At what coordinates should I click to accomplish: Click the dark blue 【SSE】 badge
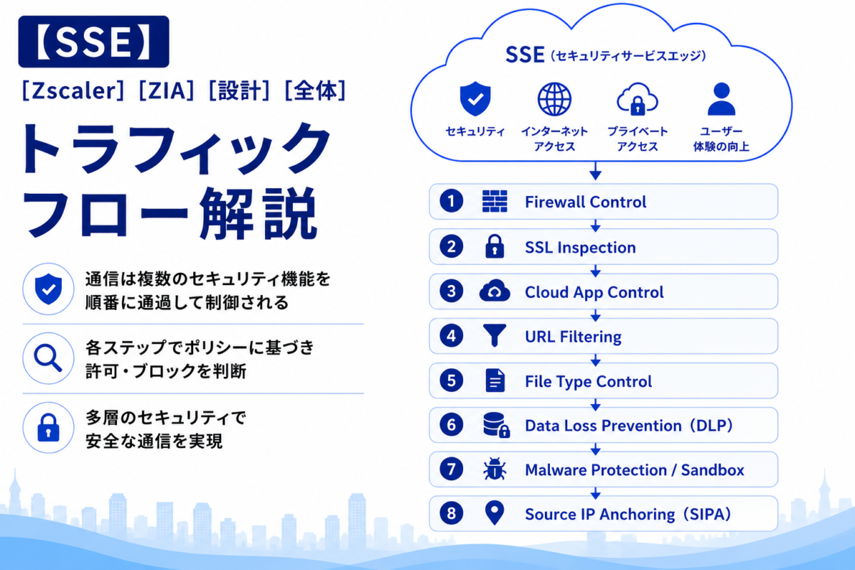93,41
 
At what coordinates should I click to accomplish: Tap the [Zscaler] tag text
73,91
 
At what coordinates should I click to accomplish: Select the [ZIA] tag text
167,91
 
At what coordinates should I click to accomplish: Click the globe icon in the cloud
554,99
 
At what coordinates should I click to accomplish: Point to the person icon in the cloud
721,99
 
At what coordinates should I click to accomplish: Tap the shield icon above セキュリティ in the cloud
475,98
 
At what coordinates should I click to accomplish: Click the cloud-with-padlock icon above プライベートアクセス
638,99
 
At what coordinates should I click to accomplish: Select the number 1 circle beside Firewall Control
451,201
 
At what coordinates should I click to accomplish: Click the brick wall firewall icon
494,201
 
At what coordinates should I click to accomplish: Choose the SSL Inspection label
580,247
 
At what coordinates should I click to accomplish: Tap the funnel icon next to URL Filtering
494,336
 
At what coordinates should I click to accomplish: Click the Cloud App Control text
594,292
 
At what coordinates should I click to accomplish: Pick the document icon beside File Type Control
495,380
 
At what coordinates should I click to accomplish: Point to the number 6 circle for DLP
451,425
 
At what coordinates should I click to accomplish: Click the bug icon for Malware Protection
494,470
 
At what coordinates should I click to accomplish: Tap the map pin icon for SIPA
494,513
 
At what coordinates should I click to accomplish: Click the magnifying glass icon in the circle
48,358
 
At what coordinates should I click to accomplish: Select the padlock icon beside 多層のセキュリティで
48,427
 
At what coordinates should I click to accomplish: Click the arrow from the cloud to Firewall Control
596,171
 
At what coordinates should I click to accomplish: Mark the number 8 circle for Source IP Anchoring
451,514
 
